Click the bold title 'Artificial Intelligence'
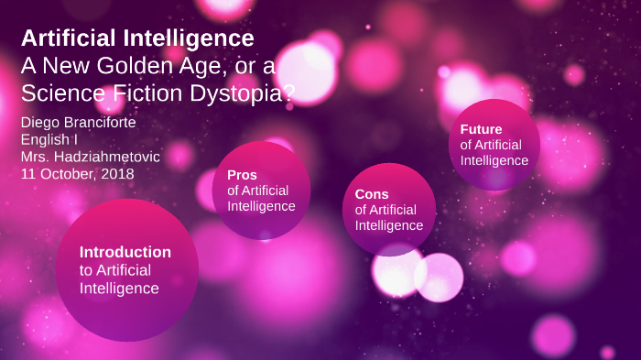137,38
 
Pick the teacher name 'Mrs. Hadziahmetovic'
90,157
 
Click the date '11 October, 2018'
77,173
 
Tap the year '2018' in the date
118,173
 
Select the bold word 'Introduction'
125,252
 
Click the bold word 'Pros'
242,175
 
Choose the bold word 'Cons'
372,194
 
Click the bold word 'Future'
481,129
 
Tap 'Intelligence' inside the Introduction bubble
119,289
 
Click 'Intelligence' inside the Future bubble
494,160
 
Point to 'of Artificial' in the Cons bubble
388,210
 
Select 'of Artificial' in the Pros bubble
257,191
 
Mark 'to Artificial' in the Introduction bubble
115,270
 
